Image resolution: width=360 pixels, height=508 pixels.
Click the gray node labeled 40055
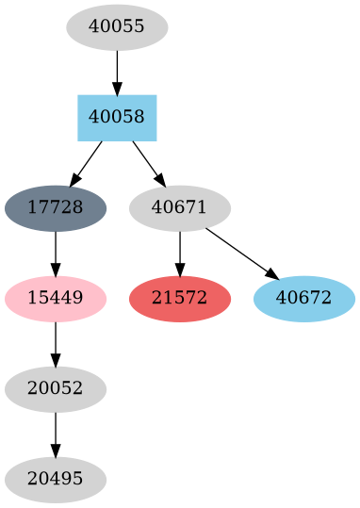point(117,27)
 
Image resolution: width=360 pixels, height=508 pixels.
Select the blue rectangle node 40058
point(117,118)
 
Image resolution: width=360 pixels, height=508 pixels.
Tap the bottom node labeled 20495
point(56,480)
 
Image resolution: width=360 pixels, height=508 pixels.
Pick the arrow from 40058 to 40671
point(148,162)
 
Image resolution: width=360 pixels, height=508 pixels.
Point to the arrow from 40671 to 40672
point(241,253)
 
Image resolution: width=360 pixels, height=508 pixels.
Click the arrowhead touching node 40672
point(271,274)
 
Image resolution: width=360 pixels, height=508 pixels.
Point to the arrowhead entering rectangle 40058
point(117,89)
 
